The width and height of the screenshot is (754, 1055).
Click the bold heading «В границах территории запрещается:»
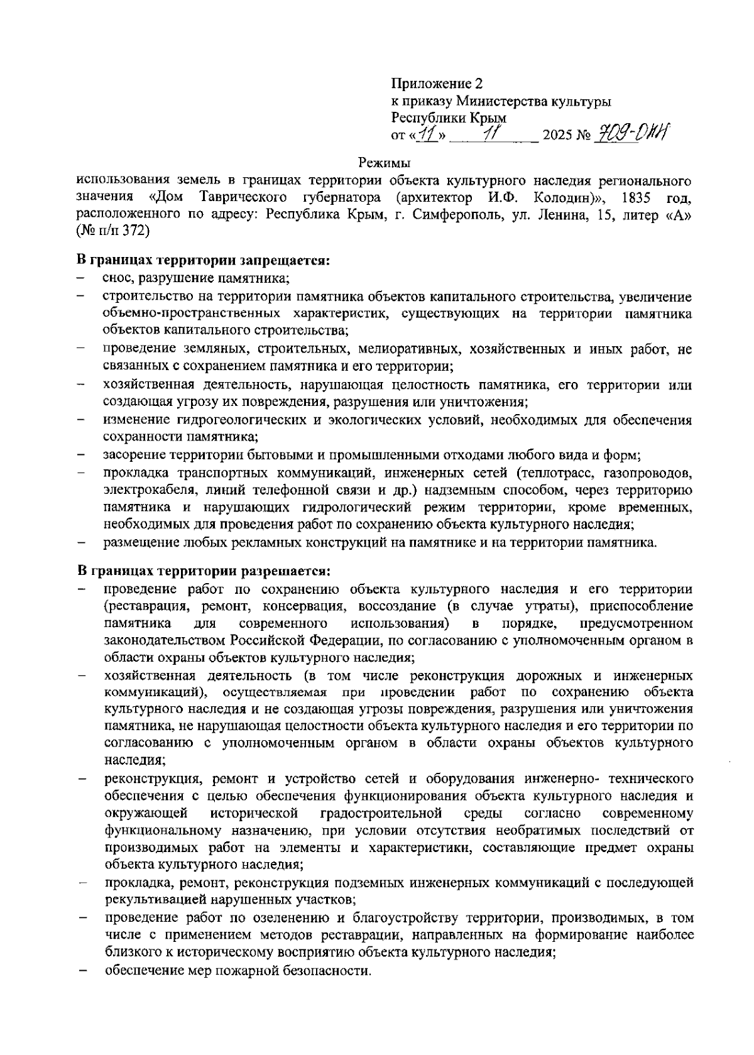coord(203,260)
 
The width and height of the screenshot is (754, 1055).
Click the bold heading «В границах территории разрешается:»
coord(203,572)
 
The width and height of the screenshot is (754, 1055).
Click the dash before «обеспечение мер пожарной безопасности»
coord(81,971)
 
